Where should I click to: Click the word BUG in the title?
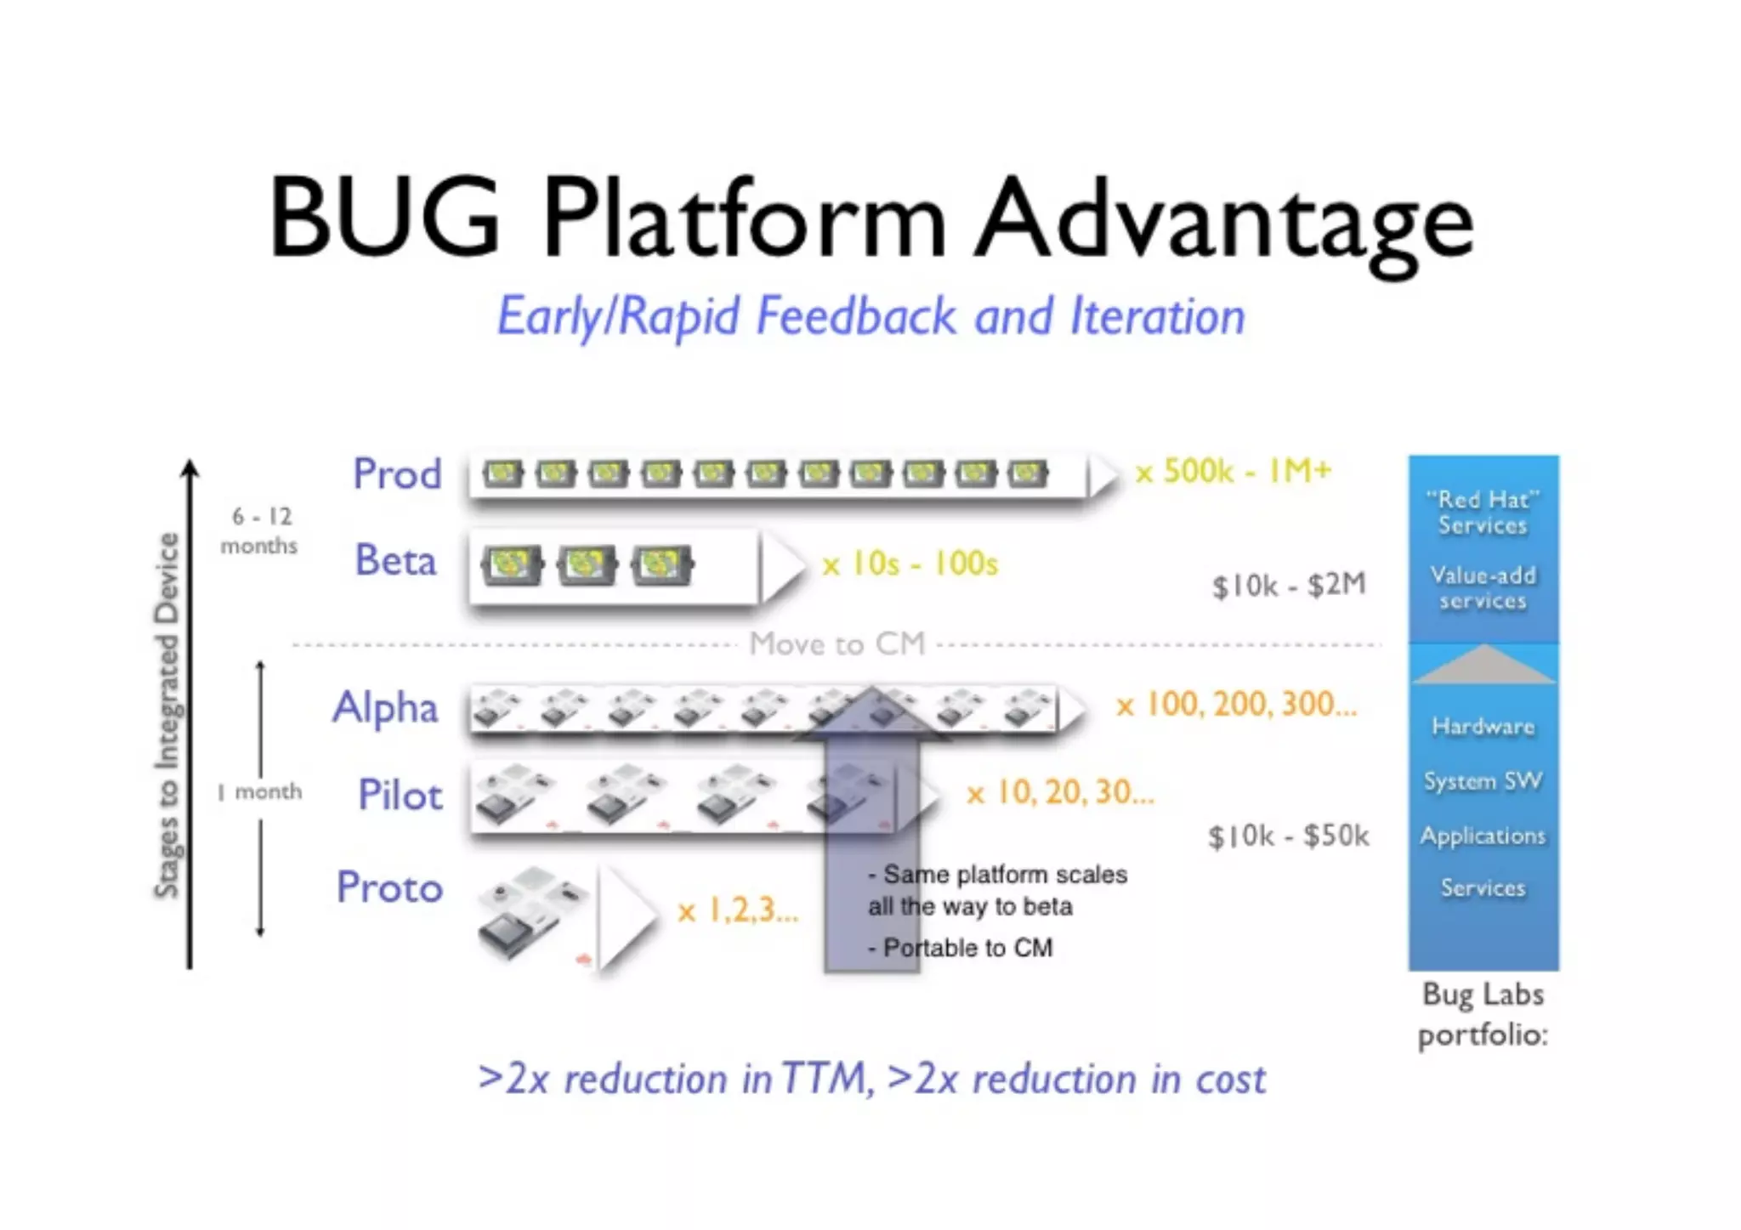coord(385,217)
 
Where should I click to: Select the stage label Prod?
coord(397,473)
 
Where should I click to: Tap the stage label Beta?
coord(396,561)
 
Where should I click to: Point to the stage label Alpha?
coord(385,708)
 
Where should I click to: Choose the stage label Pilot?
coord(400,796)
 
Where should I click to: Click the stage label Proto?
coord(390,887)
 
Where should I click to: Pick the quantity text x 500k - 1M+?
coord(1233,471)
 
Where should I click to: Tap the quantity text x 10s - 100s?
coord(910,564)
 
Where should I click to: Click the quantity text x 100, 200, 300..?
coord(1236,705)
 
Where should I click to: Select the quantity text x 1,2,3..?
coord(738,910)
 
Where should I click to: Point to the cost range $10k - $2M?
coord(1289,585)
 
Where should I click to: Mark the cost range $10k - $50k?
coord(1288,836)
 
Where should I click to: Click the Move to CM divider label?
coord(837,644)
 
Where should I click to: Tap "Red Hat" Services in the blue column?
coord(1483,513)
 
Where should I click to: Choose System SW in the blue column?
coord(1483,781)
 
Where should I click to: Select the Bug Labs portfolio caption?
coord(1483,1014)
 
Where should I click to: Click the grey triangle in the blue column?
coord(1483,666)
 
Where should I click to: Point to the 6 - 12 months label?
coord(260,530)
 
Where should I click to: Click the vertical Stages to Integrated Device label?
coord(167,715)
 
